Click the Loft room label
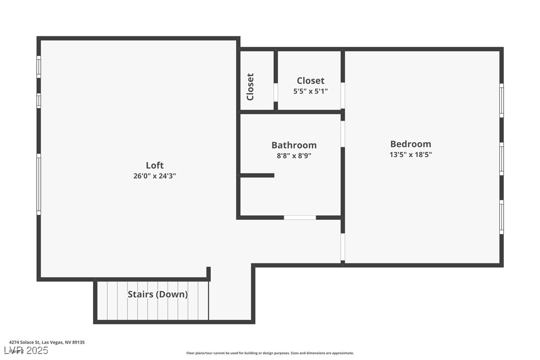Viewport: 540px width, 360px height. pos(155,166)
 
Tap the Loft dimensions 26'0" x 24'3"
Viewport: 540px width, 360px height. pos(155,176)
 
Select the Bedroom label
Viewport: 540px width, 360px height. pos(410,144)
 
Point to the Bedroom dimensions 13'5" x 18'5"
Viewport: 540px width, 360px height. pos(410,155)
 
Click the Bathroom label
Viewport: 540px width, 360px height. pos(294,145)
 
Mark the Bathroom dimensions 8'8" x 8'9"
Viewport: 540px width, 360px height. pos(294,156)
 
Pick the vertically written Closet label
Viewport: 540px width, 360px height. pos(251,87)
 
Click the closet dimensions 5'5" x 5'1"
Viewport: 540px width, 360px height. pos(311,91)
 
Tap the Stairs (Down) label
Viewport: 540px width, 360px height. pos(158,294)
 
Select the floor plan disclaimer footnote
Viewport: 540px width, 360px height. pos(270,353)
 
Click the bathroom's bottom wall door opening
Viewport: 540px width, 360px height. pos(300,217)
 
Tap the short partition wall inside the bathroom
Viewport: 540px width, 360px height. pos(257,175)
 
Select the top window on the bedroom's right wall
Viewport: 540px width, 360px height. pos(501,100)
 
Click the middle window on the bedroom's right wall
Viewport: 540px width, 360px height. pos(501,159)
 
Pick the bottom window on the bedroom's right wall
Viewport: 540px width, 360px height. pos(501,217)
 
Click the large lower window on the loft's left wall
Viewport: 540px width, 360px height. pos(39,184)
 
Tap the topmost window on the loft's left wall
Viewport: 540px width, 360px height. pos(39,67)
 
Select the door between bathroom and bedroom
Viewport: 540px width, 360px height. pos(343,133)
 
